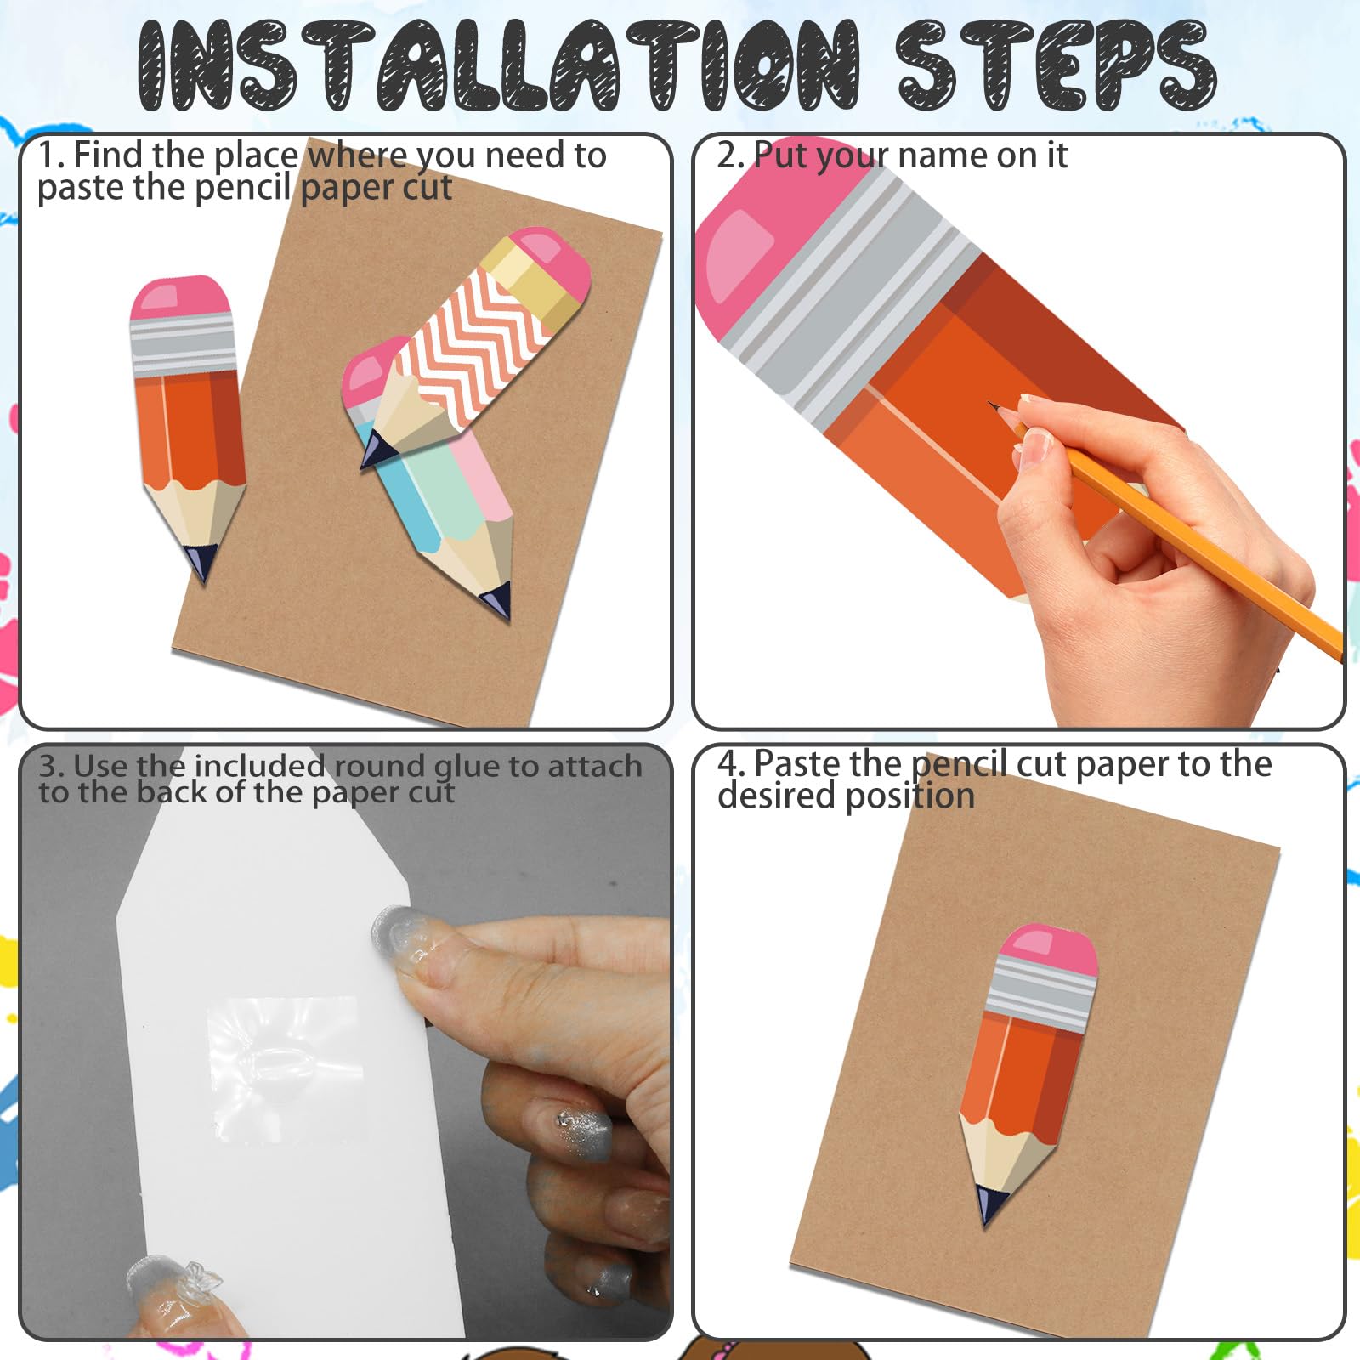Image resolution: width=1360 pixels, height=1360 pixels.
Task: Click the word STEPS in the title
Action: coord(1057,66)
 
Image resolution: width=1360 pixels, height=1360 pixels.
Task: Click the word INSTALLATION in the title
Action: coord(499,66)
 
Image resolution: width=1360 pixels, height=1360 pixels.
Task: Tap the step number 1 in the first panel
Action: coord(48,156)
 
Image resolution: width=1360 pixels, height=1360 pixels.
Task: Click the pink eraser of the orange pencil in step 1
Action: coord(179,297)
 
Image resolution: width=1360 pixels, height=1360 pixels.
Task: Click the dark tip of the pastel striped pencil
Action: coord(498,600)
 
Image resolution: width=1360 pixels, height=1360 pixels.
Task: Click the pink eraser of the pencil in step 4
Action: coord(1047,948)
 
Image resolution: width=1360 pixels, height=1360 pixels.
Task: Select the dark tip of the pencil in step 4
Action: coord(989,1205)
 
